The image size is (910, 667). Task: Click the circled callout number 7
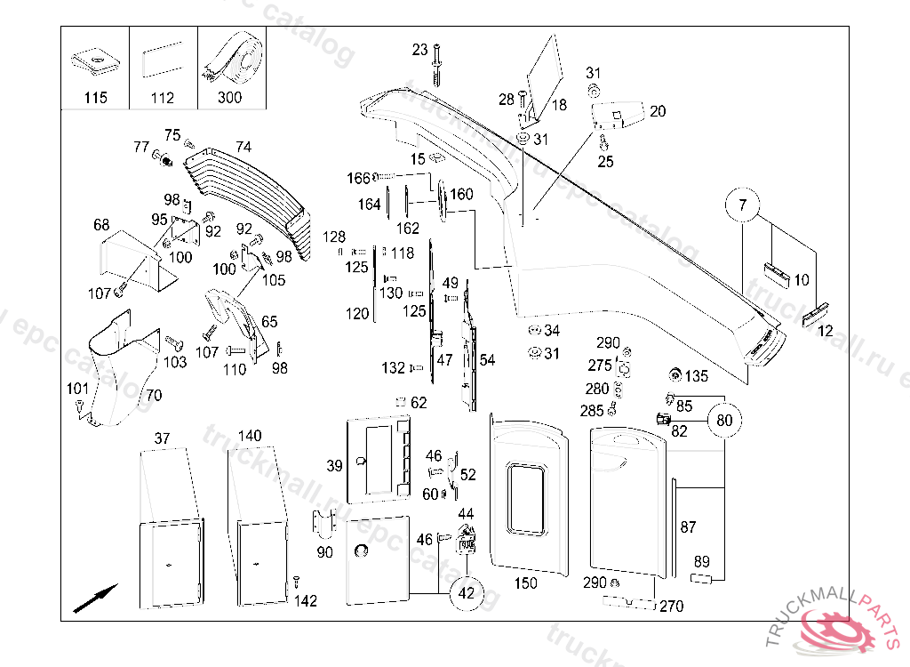tap(743, 206)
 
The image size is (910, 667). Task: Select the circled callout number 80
tap(725, 420)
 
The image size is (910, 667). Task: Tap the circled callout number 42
tap(467, 593)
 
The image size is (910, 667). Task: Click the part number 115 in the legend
tap(95, 98)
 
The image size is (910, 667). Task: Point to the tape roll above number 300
tap(232, 60)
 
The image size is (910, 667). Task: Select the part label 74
tap(243, 147)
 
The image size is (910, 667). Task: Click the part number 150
tap(525, 583)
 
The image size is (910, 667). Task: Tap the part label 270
tap(672, 607)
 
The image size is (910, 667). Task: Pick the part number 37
tap(162, 438)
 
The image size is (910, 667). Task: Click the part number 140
tap(250, 436)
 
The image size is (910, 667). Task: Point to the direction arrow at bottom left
tap(95, 597)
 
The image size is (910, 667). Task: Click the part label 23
tap(420, 50)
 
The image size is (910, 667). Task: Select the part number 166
tap(357, 179)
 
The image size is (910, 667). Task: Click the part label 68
tap(102, 225)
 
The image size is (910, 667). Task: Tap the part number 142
tap(305, 601)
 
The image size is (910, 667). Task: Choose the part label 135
tap(697, 376)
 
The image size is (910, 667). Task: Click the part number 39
tap(334, 466)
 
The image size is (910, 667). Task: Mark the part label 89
tap(702, 561)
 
